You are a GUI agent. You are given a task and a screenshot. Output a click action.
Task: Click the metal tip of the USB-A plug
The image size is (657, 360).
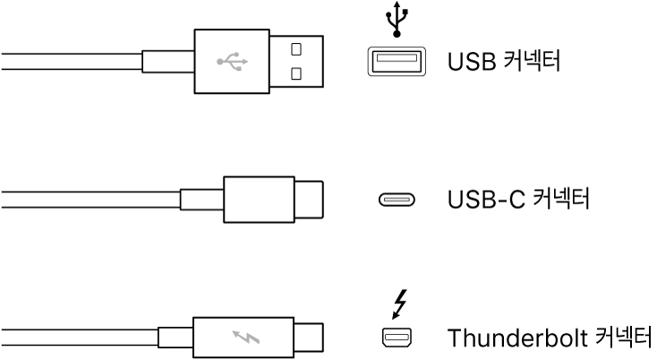(x=295, y=60)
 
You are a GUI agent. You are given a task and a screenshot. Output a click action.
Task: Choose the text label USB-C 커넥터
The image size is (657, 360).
(x=517, y=198)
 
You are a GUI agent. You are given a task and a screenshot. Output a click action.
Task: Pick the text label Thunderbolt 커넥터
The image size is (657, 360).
(x=550, y=339)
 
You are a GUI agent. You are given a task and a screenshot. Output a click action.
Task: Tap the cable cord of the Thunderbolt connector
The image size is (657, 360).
(x=72, y=339)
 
